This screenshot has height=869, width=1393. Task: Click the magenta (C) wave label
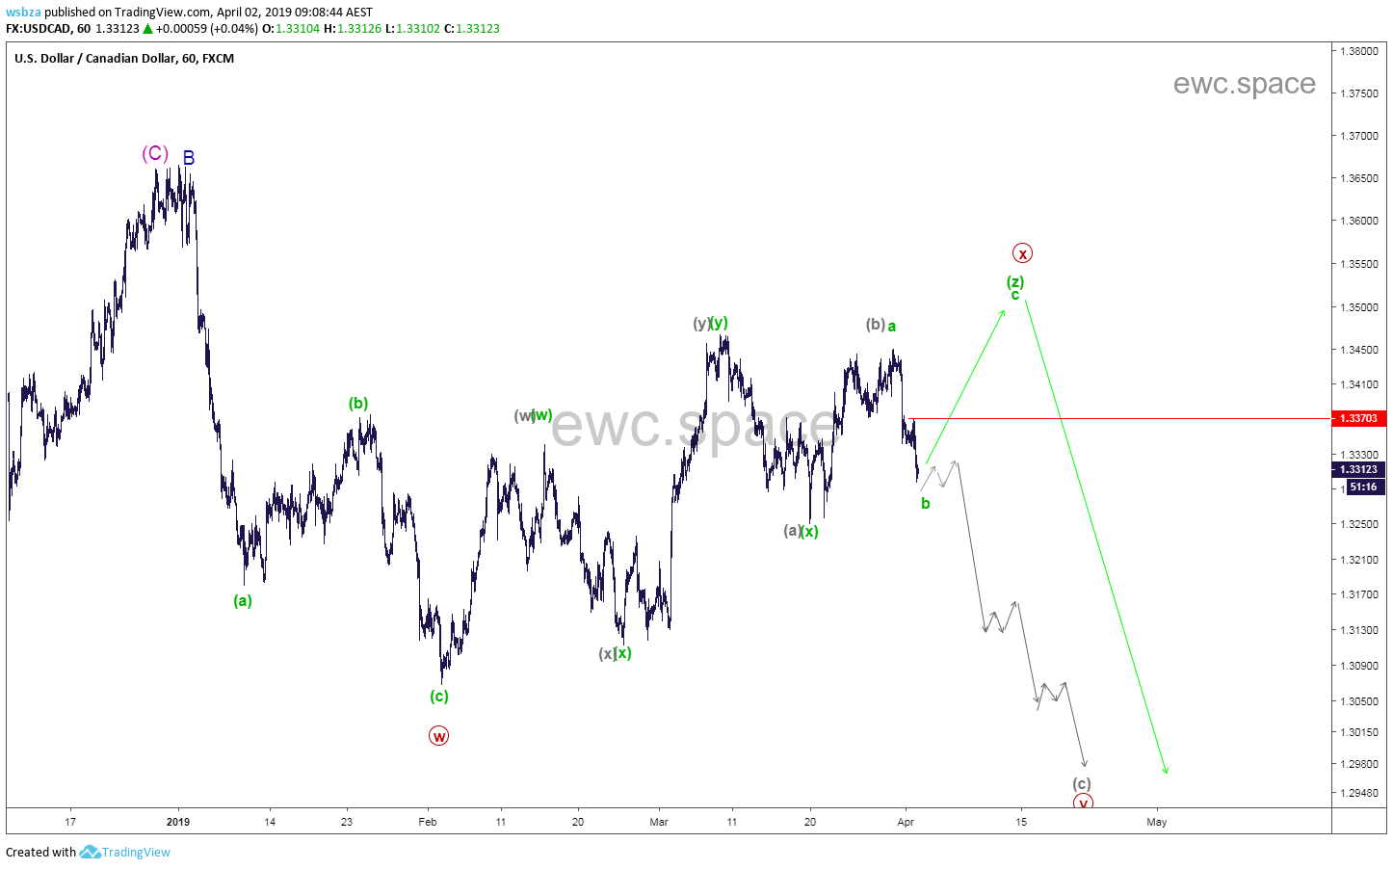coord(155,153)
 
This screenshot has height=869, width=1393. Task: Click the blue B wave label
coord(189,157)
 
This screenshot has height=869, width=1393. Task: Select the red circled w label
coord(438,736)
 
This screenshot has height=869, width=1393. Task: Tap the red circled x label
coord(1022,253)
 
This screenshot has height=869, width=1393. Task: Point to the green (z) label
coord(1015,281)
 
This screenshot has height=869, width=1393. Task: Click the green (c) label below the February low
coord(439,696)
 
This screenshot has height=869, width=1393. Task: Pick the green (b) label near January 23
coord(358,403)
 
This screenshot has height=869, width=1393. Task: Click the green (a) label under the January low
coord(243,600)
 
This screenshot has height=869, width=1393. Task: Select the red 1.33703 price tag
coord(1358,418)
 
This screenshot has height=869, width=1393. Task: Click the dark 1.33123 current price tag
coord(1358,470)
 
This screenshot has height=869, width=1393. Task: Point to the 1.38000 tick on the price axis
coord(1359,51)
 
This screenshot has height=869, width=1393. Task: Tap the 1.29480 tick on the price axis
coord(1359,793)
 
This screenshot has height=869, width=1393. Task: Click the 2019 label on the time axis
coord(178,822)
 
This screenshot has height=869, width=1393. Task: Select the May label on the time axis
coord(1157,822)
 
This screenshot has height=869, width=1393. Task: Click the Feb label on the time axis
coord(428,822)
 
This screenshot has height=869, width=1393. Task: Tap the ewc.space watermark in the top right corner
coord(1244,84)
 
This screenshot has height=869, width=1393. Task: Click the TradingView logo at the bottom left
coord(125,852)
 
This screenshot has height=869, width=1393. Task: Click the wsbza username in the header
coord(23,13)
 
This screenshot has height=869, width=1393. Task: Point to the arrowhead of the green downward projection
coord(1166,771)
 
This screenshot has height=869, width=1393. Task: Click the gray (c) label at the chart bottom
coord(1082,783)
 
